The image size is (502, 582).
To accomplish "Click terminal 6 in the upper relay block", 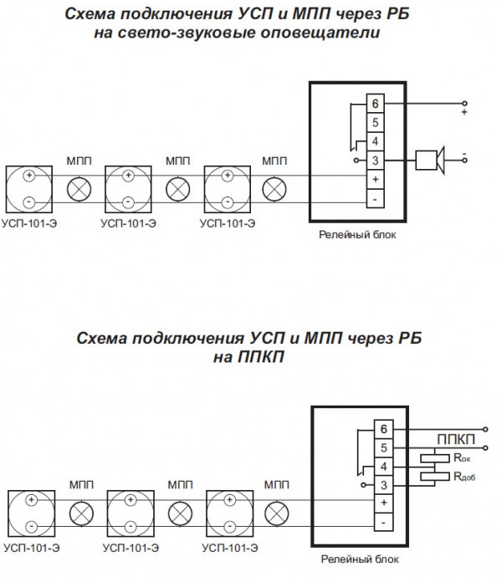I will click(x=375, y=103).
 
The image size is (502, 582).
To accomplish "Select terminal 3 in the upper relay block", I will click(x=375, y=160).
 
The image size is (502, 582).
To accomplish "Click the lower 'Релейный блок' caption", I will click(x=358, y=559).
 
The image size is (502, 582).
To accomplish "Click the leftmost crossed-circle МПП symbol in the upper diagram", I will click(x=79, y=189).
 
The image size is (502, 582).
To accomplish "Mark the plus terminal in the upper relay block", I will click(x=375, y=179).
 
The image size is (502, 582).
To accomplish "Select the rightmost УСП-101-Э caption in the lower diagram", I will click(x=228, y=547).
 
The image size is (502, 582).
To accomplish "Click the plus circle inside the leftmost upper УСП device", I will click(x=29, y=176).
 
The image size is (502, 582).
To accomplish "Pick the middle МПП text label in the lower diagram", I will click(x=180, y=484).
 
